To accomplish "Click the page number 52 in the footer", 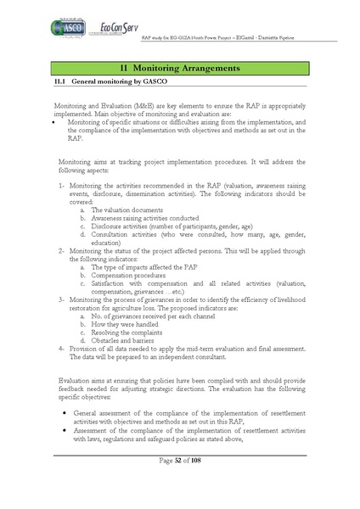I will [179, 484].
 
